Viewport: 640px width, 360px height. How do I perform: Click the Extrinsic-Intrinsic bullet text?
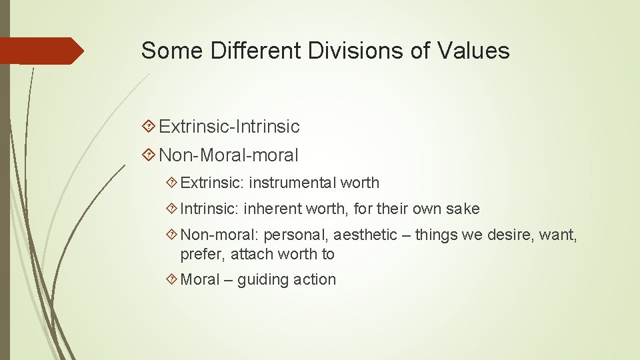(229, 126)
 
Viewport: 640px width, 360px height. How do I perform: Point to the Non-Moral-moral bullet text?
(229, 155)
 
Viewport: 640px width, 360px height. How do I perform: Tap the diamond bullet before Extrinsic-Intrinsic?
(149, 126)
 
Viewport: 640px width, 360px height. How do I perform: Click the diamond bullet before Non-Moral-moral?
(149, 155)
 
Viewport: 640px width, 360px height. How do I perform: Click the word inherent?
(272, 209)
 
